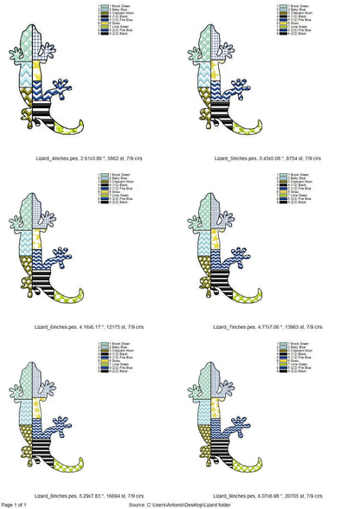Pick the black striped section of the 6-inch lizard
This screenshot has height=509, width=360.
coord(51,278)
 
